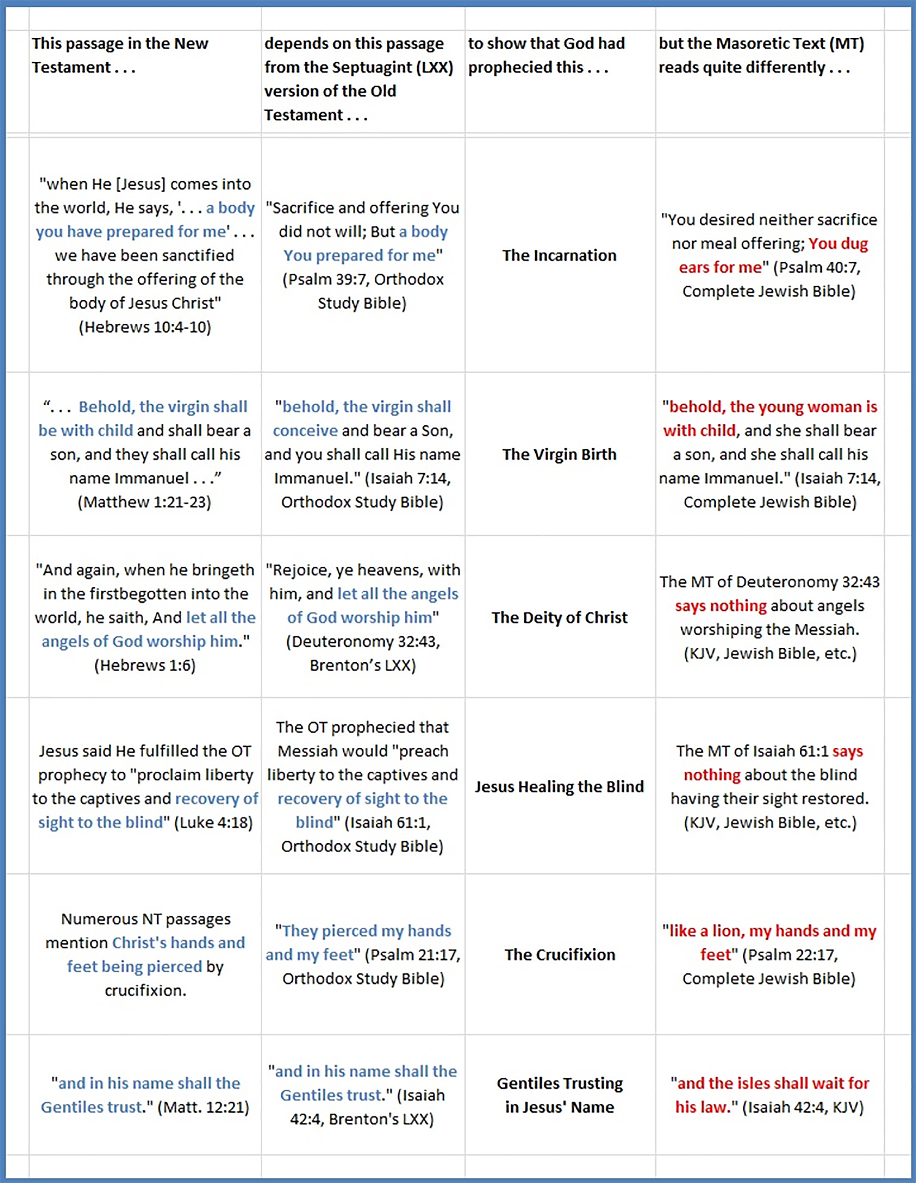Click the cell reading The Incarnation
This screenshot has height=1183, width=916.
click(x=559, y=255)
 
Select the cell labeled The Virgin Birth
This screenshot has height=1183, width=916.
click(x=559, y=454)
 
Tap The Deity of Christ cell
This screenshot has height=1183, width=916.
click(x=559, y=618)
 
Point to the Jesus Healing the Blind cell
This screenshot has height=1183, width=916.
click(x=559, y=787)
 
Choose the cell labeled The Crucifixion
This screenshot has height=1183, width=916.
click(x=559, y=954)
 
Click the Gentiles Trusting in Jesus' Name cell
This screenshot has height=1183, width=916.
click(x=559, y=1095)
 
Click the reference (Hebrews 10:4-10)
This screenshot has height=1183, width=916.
click(x=145, y=326)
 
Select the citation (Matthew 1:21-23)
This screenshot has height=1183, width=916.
click(x=145, y=502)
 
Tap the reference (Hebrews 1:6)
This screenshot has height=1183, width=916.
click(x=145, y=665)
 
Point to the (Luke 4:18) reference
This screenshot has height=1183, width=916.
click(x=214, y=822)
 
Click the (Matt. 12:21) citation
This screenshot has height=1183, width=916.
click(x=203, y=1107)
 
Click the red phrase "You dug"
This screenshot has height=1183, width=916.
click(x=838, y=244)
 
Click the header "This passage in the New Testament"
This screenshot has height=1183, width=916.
click(x=120, y=55)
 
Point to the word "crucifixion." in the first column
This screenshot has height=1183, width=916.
click(x=145, y=990)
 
